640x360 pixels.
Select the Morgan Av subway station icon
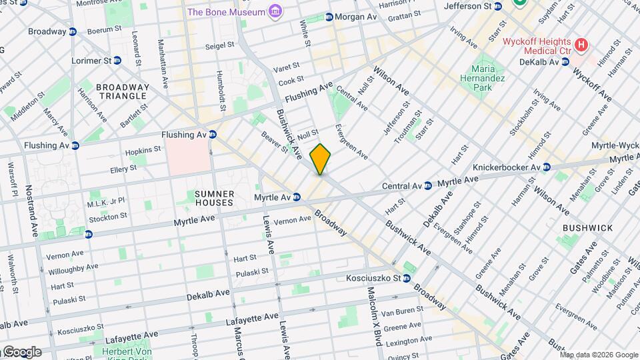[329, 17]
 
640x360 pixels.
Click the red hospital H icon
[582, 45]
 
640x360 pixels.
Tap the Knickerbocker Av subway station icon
[546, 167]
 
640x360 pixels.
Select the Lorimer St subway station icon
[117, 61]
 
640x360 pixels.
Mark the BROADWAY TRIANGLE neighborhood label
[122, 91]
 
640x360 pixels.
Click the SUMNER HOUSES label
[214, 198]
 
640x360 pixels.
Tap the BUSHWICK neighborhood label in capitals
[587, 228]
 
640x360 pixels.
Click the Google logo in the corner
[21, 352]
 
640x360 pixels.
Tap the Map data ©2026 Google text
[599, 354]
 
